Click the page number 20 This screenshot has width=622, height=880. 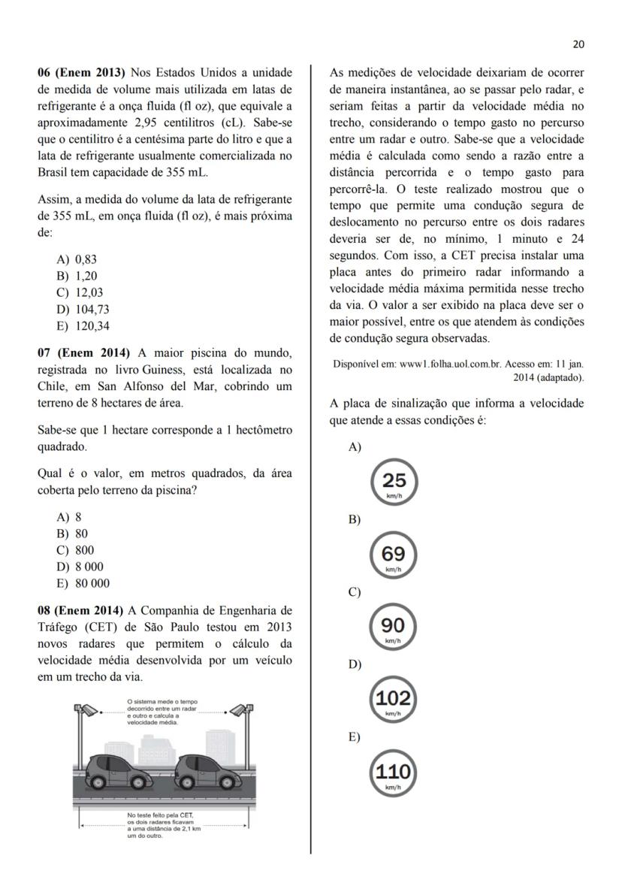(x=578, y=44)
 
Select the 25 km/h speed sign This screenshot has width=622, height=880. (x=394, y=481)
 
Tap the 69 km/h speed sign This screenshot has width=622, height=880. (x=393, y=555)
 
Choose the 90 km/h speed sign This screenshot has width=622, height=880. (x=393, y=627)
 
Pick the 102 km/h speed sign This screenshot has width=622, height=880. (x=393, y=700)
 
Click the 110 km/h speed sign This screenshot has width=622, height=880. (x=393, y=773)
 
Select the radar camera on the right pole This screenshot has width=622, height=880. (x=239, y=709)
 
